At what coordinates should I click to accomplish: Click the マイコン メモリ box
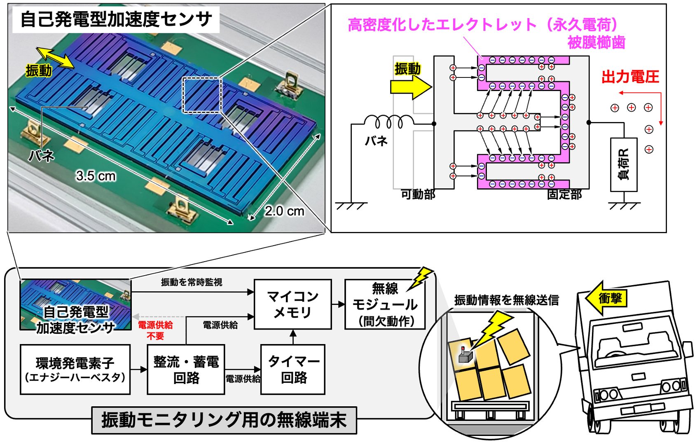point(292,304)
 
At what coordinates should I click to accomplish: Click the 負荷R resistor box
point(624,165)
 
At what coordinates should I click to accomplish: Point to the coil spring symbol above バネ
point(389,122)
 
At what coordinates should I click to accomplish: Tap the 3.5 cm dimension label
point(96,176)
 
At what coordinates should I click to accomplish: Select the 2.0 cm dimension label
point(284,211)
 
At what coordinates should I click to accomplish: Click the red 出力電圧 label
point(630,77)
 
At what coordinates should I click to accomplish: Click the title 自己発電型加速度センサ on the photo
point(116,19)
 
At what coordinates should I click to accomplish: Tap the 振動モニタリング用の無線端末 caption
point(224,420)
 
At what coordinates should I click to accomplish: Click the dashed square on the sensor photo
point(202,95)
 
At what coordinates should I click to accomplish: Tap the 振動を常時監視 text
point(192,282)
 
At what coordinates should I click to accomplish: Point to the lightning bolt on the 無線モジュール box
point(420,279)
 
